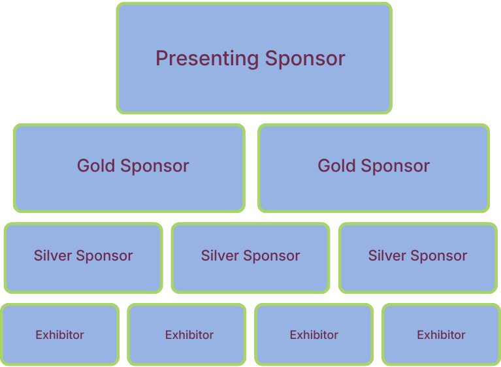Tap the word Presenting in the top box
click(x=207, y=59)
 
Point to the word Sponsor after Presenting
click(x=305, y=59)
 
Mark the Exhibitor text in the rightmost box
click(x=441, y=335)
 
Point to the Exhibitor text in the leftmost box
click(x=59, y=335)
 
